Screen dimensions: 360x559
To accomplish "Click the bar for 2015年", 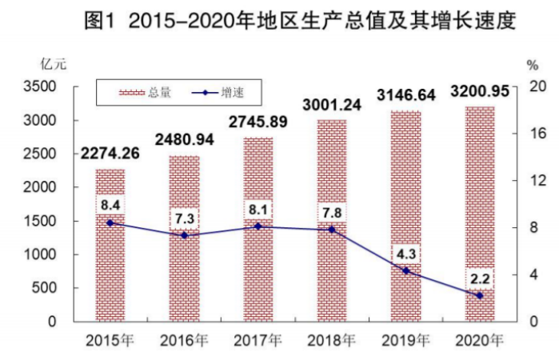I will coord(110,264).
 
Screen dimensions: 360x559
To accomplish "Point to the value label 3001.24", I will coord(332,105).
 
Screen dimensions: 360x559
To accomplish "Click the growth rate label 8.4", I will coord(110,206).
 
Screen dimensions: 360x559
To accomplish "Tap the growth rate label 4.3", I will coord(406,254).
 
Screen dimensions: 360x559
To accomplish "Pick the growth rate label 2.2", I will coord(480,278).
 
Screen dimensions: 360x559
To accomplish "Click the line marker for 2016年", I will coord(184,235).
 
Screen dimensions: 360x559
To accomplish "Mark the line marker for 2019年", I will coord(406,270).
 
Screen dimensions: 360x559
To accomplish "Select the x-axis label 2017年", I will coord(258,340).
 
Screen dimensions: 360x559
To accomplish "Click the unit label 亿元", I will coord(50,62).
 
